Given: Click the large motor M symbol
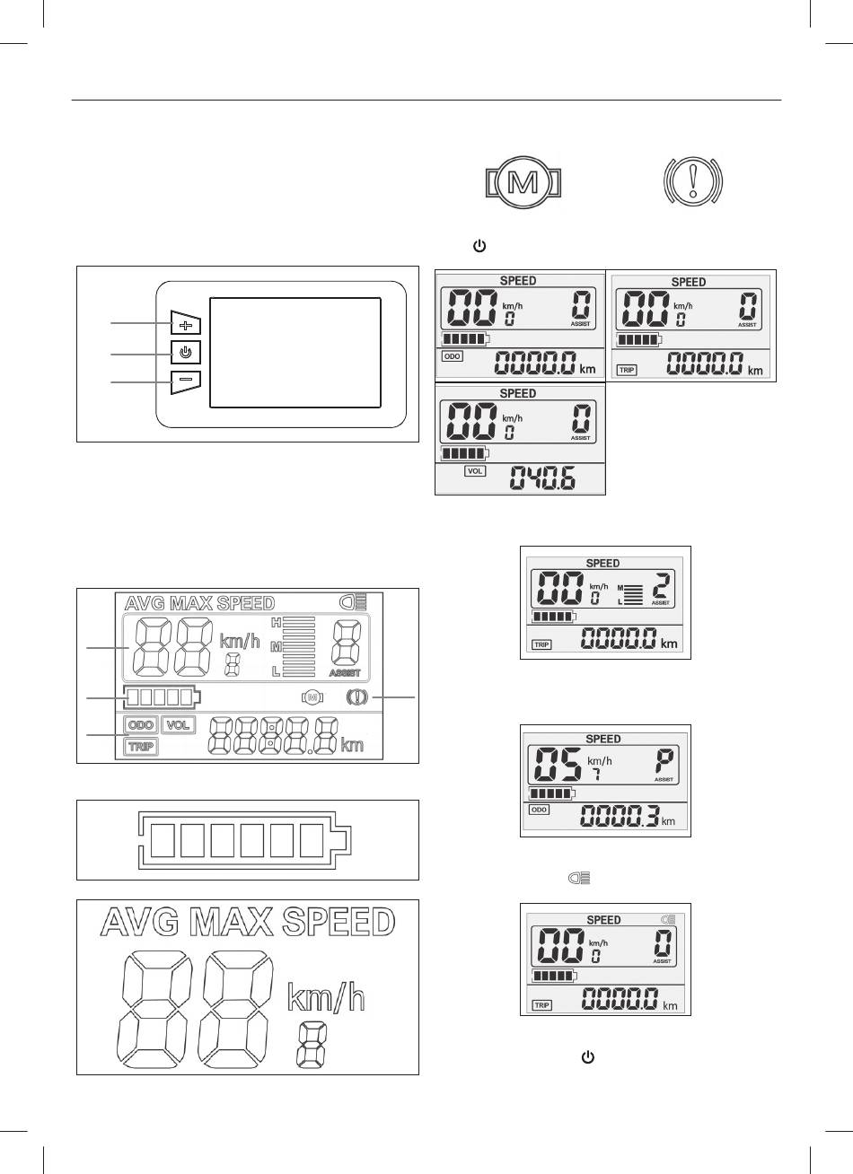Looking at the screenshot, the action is click(x=523, y=182).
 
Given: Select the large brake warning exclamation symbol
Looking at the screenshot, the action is click(x=693, y=180).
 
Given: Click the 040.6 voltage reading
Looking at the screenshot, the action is click(x=543, y=477).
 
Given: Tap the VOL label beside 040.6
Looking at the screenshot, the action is click(x=475, y=470).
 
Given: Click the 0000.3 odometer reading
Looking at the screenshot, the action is click(x=620, y=816).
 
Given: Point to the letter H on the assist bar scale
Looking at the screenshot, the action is click(x=276, y=623).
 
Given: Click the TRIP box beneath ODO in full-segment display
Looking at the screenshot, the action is click(x=141, y=747).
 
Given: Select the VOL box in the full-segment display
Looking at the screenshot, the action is click(x=179, y=725).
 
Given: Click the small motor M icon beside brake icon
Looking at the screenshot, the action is click(x=313, y=697).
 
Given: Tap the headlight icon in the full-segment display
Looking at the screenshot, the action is click(x=354, y=603).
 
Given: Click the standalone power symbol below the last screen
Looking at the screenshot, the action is click(x=588, y=1057).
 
